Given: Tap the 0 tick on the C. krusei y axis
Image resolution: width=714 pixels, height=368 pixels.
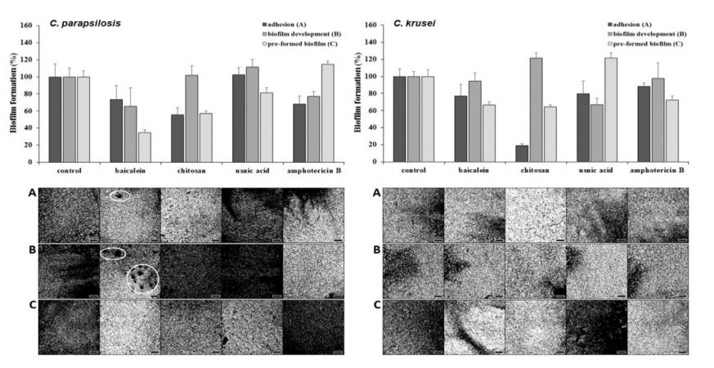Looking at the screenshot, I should point(375,162).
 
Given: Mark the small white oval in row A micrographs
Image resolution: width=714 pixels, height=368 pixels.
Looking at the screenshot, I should point(120,195).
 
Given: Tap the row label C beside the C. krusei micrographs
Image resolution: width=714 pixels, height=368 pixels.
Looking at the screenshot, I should point(376,306).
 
